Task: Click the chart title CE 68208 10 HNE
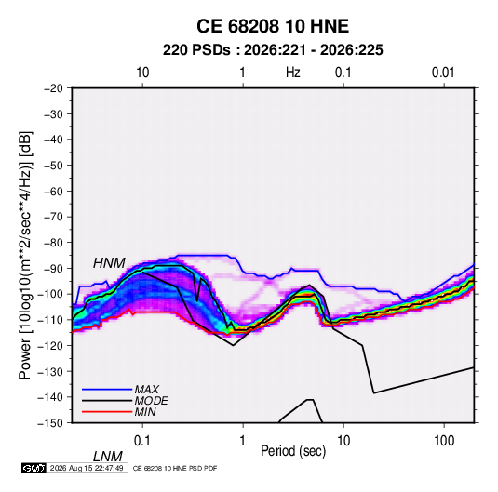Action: pos(273,26)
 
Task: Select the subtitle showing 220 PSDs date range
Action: pos(273,50)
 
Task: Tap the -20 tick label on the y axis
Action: pos(53,88)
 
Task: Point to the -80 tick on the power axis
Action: pos(53,243)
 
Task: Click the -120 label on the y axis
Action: pos(50,345)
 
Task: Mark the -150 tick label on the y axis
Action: pos(50,423)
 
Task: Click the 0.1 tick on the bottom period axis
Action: pos(142,441)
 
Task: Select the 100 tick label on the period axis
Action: pos(444,441)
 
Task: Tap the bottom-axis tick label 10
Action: pos(343,441)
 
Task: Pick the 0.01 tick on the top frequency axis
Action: pos(443,73)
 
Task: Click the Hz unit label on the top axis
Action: pos(293,73)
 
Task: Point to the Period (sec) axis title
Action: pos(293,451)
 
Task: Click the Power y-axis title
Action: pos(25,255)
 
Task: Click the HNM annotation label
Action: pos(109,263)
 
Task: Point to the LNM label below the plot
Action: pos(108,457)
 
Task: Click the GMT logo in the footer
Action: pos(34,468)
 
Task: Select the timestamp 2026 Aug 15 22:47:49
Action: pos(87,468)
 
